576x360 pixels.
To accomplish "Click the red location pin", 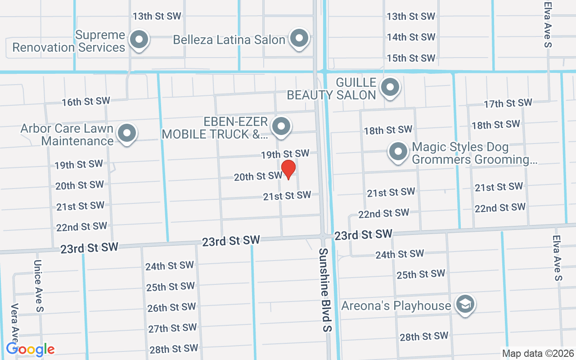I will [x=288, y=169].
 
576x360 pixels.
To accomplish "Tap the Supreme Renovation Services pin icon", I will [x=139, y=40].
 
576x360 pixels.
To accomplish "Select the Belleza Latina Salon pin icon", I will [x=298, y=39].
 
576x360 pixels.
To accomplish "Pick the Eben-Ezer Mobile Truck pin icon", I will [x=282, y=126].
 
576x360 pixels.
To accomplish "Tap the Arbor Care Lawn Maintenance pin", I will [x=127, y=133].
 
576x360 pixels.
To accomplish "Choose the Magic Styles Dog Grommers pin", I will [x=398, y=152].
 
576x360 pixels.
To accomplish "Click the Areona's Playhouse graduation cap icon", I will [x=465, y=304].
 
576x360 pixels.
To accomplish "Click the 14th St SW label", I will [x=411, y=37].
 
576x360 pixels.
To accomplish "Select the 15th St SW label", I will [x=411, y=58].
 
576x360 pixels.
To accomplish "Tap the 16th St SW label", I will [x=86, y=101].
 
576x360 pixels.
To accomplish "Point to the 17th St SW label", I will [x=508, y=103].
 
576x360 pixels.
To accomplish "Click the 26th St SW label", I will [x=171, y=308].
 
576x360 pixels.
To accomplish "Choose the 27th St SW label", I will [x=172, y=328].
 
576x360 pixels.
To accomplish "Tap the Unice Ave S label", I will [x=39, y=286].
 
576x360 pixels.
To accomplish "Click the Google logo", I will [x=31, y=349].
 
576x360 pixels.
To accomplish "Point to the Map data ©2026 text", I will [x=538, y=354].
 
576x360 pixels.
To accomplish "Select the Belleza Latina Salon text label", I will [x=229, y=40].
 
